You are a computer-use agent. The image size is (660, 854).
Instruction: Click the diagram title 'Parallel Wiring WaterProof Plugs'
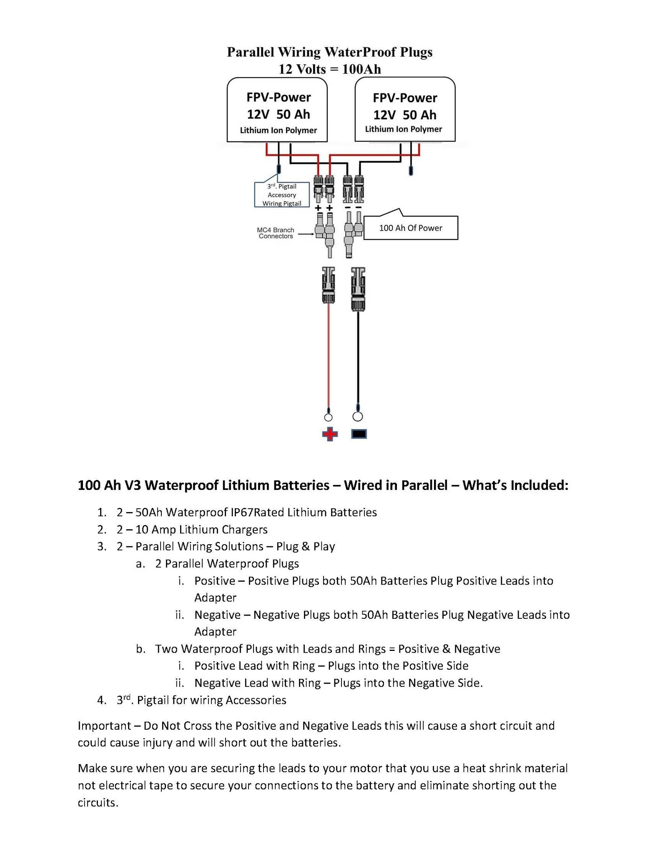pyautogui.click(x=329, y=52)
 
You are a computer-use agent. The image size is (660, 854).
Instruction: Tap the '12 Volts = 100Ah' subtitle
pyautogui.click(x=329, y=69)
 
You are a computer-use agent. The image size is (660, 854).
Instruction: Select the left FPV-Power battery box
pyautogui.click(x=277, y=110)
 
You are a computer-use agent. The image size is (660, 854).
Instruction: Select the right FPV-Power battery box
pyautogui.click(x=405, y=110)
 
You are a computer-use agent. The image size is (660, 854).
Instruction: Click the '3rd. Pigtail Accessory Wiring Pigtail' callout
pyautogui.click(x=282, y=195)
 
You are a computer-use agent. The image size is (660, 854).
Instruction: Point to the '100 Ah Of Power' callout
pyautogui.click(x=410, y=228)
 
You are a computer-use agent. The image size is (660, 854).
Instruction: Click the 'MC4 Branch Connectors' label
pyautogui.click(x=276, y=233)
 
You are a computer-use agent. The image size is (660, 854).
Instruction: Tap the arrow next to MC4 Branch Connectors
pyautogui.click(x=306, y=234)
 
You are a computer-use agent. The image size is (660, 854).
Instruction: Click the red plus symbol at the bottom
pyautogui.click(x=329, y=434)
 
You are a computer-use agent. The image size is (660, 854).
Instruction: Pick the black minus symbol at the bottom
pyautogui.click(x=359, y=434)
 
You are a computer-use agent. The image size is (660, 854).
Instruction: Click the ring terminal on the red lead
pyautogui.click(x=328, y=417)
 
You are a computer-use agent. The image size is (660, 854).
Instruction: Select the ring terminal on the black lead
pyautogui.click(x=358, y=416)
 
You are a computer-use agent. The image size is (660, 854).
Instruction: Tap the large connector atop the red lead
pyautogui.click(x=329, y=285)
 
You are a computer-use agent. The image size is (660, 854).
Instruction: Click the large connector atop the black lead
pyautogui.click(x=358, y=289)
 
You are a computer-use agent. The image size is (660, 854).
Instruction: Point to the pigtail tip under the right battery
pyautogui.click(x=411, y=171)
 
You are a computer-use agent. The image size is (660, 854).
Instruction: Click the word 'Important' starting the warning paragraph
pyautogui.click(x=104, y=726)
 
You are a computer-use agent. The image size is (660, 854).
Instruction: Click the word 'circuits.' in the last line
pyautogui.click(x=98, y=802)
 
